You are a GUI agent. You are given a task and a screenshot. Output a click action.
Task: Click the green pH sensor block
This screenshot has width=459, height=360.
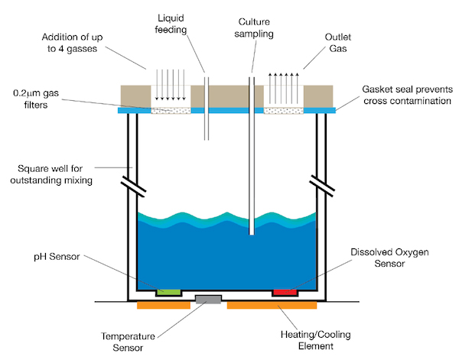point(168,291)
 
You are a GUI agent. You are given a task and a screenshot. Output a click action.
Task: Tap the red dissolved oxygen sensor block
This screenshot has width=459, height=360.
point(285,291)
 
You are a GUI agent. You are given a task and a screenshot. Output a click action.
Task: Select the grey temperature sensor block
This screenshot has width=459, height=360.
point(208,299)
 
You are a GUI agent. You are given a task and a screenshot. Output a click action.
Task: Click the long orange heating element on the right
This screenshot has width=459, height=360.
point(272,306)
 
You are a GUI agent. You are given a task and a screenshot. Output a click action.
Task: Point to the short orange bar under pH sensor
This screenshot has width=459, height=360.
point(163,306)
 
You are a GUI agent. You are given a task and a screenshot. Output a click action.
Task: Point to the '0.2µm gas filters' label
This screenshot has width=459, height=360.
point(46,99)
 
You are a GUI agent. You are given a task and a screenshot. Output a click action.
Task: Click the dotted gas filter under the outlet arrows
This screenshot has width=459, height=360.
point(284,110)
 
